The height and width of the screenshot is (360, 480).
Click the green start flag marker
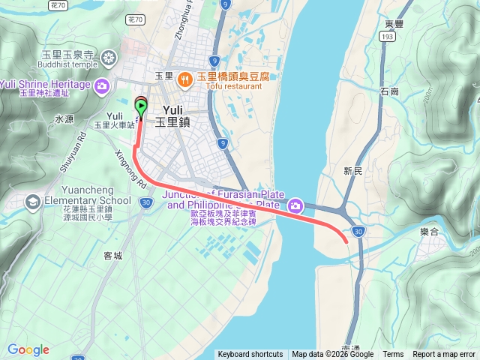tap(142, 108)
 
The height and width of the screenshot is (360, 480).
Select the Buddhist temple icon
tap(110, 58)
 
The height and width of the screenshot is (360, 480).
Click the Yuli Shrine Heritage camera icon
tap(103, 85)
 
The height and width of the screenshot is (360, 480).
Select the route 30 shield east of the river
tap(359, 232)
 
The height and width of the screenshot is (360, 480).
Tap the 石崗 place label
tap(389, 91)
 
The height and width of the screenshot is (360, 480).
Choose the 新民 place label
tap(353, 172)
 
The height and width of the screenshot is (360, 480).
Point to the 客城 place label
tap(112, 256)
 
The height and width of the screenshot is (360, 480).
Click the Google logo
tap(28, 349)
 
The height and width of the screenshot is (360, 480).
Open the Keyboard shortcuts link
tap(250, 355)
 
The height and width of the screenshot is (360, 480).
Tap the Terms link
tap(393, 355)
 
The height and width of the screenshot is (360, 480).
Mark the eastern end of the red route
tap(346, 241)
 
